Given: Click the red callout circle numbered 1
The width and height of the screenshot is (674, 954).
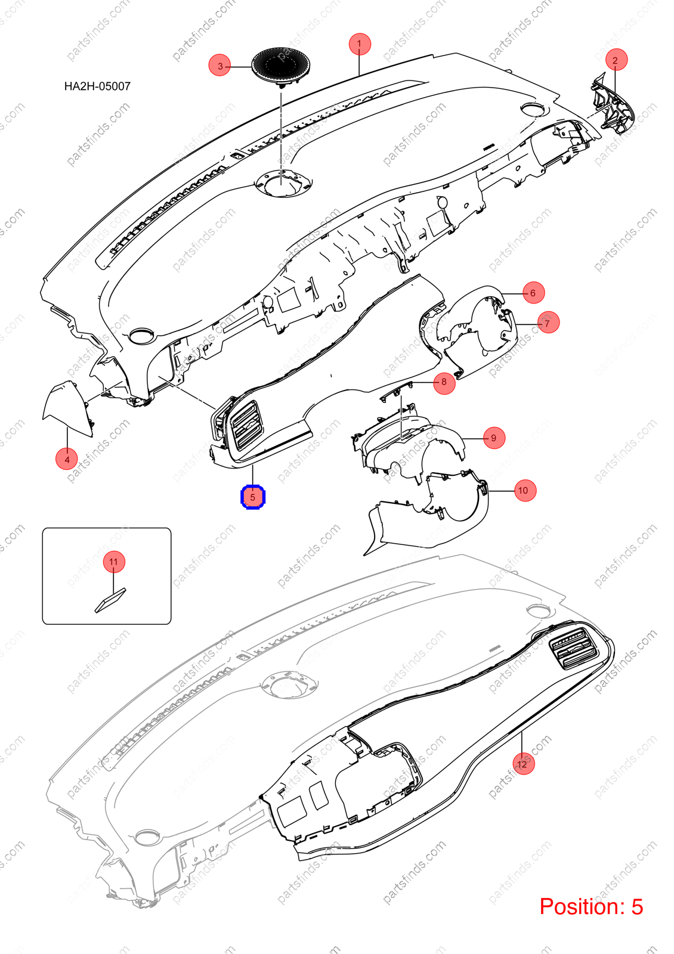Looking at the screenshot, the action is point(360,44).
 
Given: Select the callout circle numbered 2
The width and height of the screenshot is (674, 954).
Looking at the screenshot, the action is point(615,60).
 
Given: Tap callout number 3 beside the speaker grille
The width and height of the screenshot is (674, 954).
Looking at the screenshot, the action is point(220,66).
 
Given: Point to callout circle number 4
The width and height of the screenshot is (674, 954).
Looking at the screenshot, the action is point(67,459).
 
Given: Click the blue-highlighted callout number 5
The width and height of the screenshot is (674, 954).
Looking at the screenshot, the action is point(253,497).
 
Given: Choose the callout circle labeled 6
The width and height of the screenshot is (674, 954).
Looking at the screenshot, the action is point(533,293).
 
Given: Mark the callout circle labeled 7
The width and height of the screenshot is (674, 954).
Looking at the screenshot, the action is point(548,323).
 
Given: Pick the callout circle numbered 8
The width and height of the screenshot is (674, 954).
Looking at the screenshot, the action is point(444,382).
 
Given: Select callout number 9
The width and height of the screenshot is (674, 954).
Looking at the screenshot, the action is point(494,438).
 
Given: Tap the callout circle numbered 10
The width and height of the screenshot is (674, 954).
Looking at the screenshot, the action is point(524,490).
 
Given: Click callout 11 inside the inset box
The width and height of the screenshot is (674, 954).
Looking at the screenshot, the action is point(113,561).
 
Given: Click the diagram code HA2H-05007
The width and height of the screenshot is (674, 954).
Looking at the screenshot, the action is point(97,86).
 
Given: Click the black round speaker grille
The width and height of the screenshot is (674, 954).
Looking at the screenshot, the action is point(281,65).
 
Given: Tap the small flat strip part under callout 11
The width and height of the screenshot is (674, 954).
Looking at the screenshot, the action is point(110,600).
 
